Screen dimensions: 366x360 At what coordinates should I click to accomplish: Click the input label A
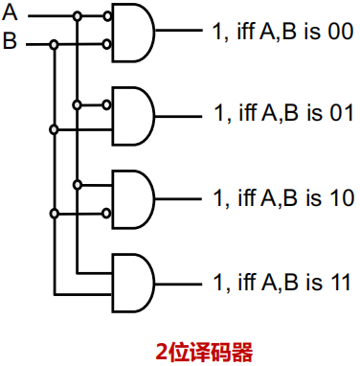click(10, 14)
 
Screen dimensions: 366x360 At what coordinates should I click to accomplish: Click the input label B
click(10, 42)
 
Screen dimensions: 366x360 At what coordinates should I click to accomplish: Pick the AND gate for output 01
click(132, 114)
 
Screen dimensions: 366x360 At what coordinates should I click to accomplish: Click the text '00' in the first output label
click(340, 32)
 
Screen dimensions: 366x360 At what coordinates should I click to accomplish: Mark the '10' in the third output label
click(342, 198)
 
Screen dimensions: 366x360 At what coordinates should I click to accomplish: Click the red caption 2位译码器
click(204, 352)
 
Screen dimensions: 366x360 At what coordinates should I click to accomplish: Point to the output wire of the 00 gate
click(177, 30)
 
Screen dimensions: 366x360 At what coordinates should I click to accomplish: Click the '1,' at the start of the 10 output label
click(218, 199)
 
